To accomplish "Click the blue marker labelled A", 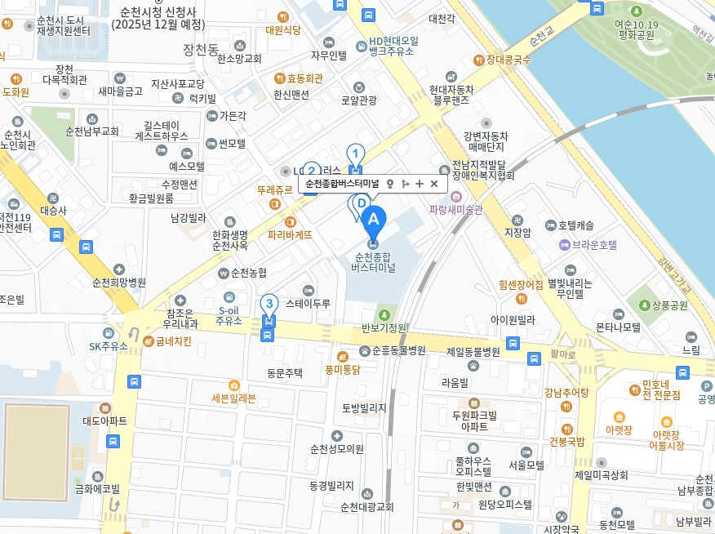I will pyautogui.click(x=373, y=220).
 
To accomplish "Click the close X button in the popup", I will pyautogui.click(x=434, y=184).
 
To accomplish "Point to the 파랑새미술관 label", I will pyautogui.click(x=456, y=209).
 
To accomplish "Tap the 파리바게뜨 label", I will pyautogui.click(x=291, y=234).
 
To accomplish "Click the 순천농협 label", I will pyautogui.click(x=248, y=273).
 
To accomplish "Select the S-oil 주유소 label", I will pyautogui.click(x=229, y=316).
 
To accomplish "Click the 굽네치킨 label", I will pyautogui.click(x=174, y=340).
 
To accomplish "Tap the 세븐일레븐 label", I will pyautogui.click(x=233, y=398).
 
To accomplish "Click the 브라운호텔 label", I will pyautogui.click(x=593, y=244).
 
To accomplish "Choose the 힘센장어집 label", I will pyautogui.click(x=521, y=285).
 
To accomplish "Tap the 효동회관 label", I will pyautogui.click(x=304, y=78).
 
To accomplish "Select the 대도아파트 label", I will pyautogui.click(x=105, y=421).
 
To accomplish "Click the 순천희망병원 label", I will pyautogui.click(x=119, y=283).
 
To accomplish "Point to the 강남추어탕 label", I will pyautogui.click(x=566, y=392).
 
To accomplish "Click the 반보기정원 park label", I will pyautogui.click(x=384, y=327).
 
